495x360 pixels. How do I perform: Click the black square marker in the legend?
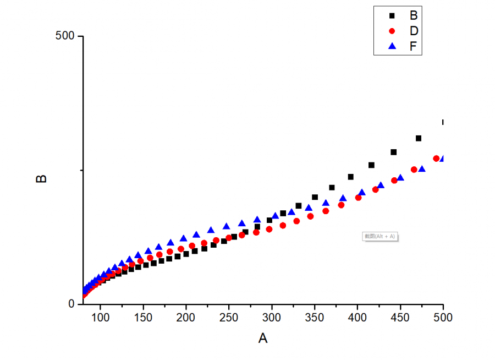[392, 15]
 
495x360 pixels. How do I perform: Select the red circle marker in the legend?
[392, 31]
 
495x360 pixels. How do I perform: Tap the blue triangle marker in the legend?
[392, 47]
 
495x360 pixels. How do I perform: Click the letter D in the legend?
[414, 31]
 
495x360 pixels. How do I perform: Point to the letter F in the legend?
[413, 47]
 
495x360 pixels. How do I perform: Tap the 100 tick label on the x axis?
[100, 318]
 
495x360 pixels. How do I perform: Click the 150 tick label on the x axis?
[143, 318]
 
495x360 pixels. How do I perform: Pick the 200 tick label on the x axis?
[186, 318]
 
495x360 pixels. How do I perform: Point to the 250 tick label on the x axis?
[229, 318]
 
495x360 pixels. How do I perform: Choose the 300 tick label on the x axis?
[272, 318]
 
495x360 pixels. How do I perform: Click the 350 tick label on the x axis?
[315, 318]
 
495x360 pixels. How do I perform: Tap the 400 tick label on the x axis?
[358, 318]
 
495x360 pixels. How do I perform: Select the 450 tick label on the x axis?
[400, 318]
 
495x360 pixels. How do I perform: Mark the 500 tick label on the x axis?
[443, 318]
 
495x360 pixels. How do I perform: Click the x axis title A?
[263, 339]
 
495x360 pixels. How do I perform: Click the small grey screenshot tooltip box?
[380, 236]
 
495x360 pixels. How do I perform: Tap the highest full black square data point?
[419, 138]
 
